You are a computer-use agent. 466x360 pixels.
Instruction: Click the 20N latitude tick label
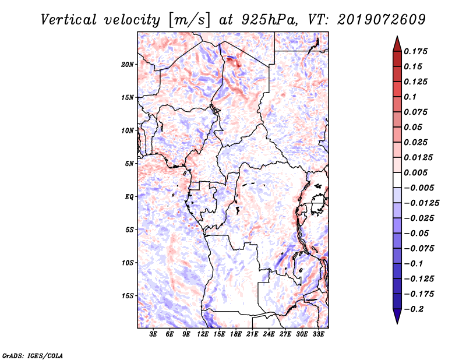pyautogui.click(x=128, y=64)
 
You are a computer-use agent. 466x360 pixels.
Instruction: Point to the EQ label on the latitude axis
pyautogui.click(x=129, y=197)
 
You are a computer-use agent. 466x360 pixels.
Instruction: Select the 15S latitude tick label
pyautogui.click(x=128, y=296)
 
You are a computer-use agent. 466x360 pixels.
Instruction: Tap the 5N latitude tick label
pyautogui.click(x=129, y=164)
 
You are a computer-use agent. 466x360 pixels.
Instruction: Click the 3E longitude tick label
pyautogui.click(x=154, y=334)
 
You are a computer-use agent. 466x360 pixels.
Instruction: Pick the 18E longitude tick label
pyautogui.click(x=236, y=334)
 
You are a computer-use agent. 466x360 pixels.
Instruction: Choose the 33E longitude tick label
pyautogui.click(x=318, y=334)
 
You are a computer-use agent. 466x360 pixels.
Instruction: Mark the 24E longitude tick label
pyautogui.click(x=269, y=334)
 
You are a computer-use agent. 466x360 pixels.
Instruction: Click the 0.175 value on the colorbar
pyautogui.click(x=416, y=51)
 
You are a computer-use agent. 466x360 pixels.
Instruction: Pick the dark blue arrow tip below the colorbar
pyautogui.click(x=397, y=318)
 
